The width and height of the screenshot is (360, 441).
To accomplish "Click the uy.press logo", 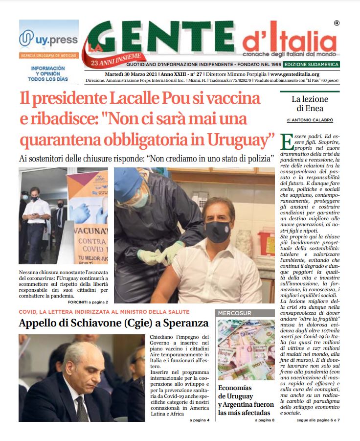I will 48,38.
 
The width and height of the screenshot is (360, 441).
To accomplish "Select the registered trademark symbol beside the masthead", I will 337,23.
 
